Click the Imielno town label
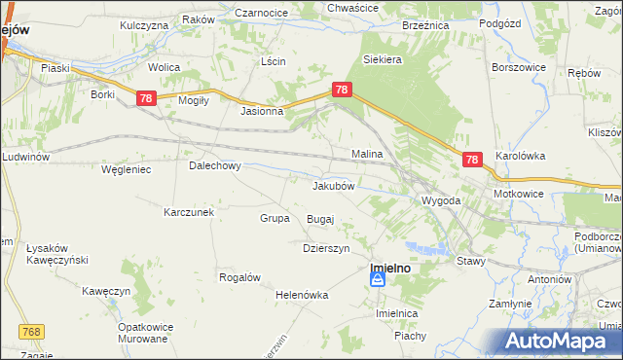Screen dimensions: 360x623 pyautogui.click(x=394, y=264)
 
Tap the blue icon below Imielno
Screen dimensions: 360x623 pyautogui.click(x=378, y=280)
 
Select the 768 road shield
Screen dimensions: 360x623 pyautogui.click(x=32, y=333)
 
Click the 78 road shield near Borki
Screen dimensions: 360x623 pyautogui.click(x=145, y=98)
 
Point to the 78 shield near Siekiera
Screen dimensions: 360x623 pyautogui.click(x=341, y=90)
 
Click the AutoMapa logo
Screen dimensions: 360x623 pyautogui.click(x=562, y=342)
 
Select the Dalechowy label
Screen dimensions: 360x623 pyautogui.click(x=214, y=165)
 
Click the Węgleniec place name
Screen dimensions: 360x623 pyautogui.click(x=126, y=169)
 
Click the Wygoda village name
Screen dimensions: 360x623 pyautogui.click(x=440, y=200)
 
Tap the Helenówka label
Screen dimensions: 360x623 pyautogui.click(x=302, y=295)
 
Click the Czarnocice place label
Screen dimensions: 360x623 pyautogui.click(x=259, y=13)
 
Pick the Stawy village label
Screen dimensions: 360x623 pyautogui.click(x=471, y=260)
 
